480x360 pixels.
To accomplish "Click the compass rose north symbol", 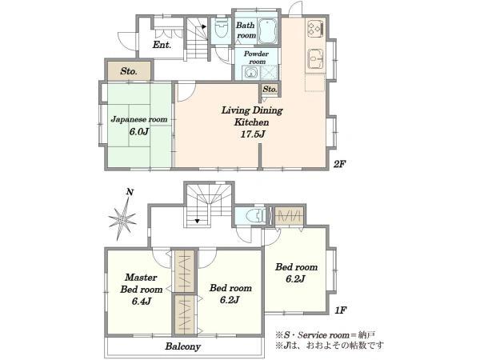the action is tap(122, 218).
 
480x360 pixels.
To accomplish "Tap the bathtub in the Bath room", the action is tap(267, 31).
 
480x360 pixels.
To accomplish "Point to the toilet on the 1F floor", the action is tap(256, 216).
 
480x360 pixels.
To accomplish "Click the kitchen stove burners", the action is tap(315, 28).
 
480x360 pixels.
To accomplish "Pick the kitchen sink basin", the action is tap(315, 58).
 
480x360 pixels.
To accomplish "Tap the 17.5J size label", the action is tap(252, 134).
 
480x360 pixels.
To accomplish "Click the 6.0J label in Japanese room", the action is tap(139, 132).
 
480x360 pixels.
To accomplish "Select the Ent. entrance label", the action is tap(162, 46).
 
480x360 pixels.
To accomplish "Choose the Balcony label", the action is tap(182, 346).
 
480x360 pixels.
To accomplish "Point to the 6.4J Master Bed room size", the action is tap(142, 302).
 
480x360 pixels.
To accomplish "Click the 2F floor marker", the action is tap(339, 164).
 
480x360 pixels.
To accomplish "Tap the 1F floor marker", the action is tap(340, 310).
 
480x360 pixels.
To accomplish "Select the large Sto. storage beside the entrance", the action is tap(129, 71).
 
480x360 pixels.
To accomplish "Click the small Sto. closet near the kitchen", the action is tap(270, 90).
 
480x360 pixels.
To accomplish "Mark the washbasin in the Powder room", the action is tap(250, 73).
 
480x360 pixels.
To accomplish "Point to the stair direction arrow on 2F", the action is tap(204, 27).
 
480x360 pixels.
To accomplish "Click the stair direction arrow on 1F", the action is tap(197, 221).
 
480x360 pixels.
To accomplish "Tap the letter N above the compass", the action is tap(130, 192).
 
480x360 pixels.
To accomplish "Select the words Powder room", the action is tap(256, 58).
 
